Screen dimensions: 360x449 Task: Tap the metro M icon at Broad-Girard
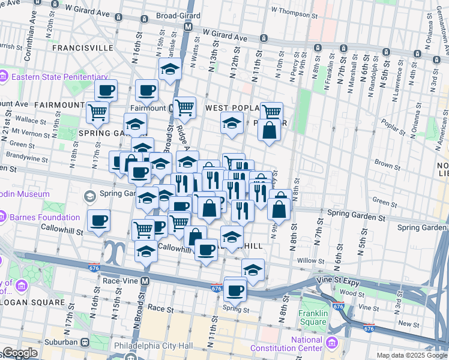pos(188,27)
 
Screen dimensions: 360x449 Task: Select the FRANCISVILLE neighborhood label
pos(83,47)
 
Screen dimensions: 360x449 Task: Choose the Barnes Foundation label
pos(45,217)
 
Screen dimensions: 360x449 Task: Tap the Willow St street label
pos(310,260)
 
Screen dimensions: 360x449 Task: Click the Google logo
pos(20,353)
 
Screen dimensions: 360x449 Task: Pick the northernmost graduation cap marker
pos(170,70)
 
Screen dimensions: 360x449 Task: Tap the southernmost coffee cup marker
pos(235,290)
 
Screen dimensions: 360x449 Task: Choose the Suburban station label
pos(62,342)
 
